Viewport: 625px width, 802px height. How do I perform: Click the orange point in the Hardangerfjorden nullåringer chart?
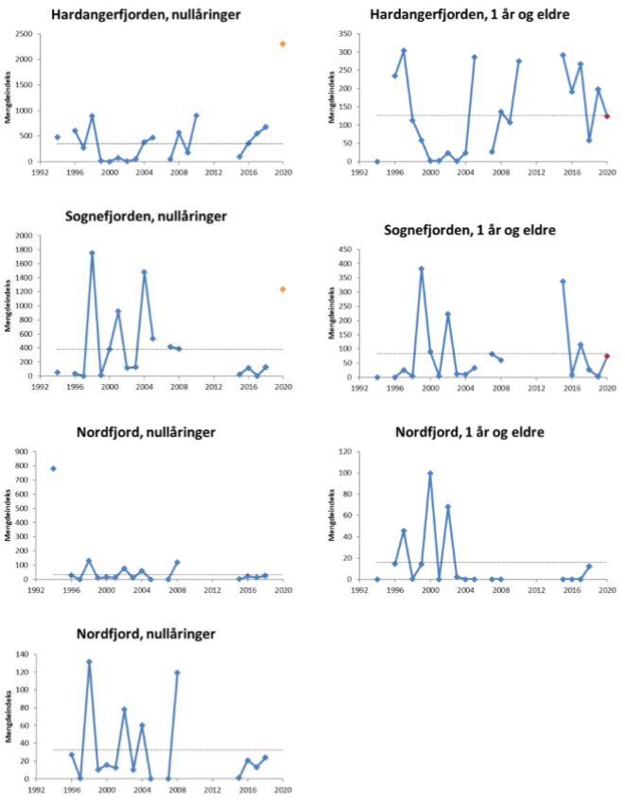pos(283,44)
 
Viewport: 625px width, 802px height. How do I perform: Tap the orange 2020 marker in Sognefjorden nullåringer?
pos(283,289)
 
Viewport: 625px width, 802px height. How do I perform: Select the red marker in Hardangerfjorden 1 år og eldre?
pos(607,116)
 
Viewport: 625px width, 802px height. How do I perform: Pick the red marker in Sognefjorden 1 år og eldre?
pos(607,356)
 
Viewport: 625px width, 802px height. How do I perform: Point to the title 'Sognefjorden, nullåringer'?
pos(160,217)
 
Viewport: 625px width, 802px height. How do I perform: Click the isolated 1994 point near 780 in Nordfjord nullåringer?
pos(54,468)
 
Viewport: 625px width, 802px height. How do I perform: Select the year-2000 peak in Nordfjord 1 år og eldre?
pos(430,473)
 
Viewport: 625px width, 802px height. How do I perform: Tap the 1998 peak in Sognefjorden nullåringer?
pos(92,253)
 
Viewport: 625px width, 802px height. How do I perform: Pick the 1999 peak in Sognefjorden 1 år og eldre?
pos(422,269)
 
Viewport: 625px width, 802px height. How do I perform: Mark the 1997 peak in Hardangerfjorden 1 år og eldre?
pos(404,51)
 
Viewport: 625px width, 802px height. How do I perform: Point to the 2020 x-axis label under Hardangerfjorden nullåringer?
pos(283,173)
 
